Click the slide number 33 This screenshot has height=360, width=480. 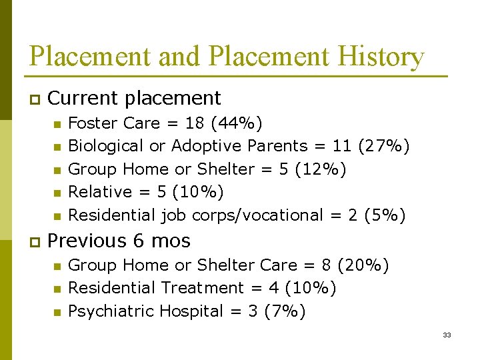[x=447, y=335]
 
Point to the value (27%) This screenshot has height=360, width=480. [x=383, y=146]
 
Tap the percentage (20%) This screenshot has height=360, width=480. [x=363, y=265]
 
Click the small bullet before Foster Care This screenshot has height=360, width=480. [x=57, y=124]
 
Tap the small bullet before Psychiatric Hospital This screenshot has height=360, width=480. [x=57, y=312]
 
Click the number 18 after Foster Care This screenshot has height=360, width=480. [x=195, y=123]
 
